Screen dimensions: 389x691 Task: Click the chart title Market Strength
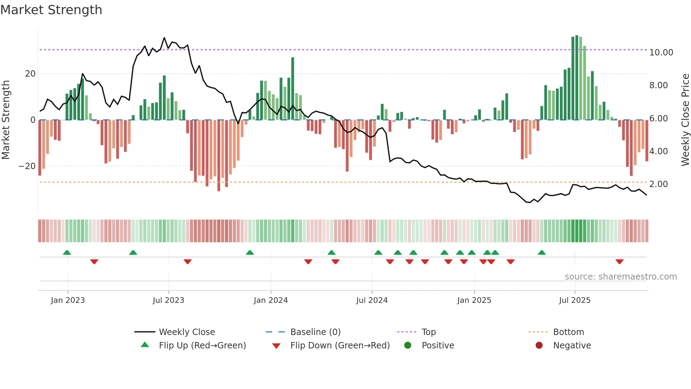[x=51, y=10]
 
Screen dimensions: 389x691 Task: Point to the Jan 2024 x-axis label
[x=270, y=300]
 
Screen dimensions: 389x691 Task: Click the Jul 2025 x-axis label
[x=574, y=300]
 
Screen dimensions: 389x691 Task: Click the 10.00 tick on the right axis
[x=661, y=53]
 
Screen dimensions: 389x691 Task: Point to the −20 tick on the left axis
[x=27, y=166]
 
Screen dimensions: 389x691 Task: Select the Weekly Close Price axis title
[x=685, y=119]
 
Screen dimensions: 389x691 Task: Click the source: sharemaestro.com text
[x=620, y=276]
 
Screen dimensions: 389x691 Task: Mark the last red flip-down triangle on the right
[x=619, y=262]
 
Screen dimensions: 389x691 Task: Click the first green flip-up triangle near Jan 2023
[x=67, y=252]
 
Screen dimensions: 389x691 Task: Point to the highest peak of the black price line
[x=164, y=38]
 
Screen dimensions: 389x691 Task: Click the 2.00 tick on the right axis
[x=658, y=184]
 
